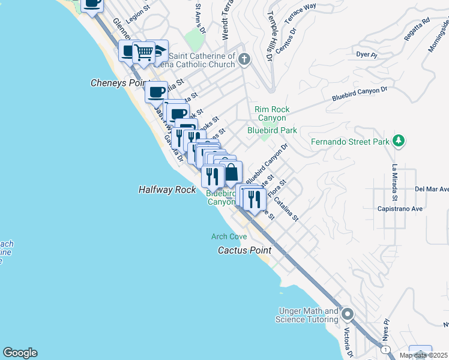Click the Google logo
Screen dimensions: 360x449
[20, 353]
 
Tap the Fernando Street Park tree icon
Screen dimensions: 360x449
[398, 142]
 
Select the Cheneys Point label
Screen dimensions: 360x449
[117, 83]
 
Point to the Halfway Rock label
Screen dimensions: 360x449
[167, 190]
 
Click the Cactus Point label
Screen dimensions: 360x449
[244, 250]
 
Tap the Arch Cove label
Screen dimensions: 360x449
[229, 237]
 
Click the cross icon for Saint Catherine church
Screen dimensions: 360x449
[244, 59]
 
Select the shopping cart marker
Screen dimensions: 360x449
[144, 52]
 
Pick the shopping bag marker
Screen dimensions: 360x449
[231, 173]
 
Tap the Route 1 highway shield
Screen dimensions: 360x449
[384, 349]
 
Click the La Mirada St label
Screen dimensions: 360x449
[395, 182]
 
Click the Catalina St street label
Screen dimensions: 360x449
[286, 210]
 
